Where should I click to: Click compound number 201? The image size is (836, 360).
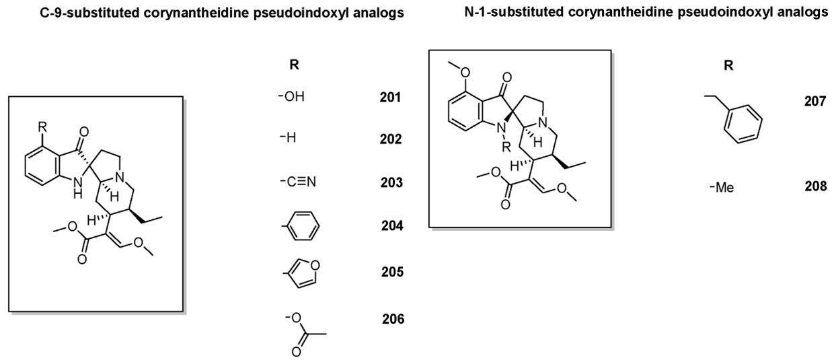pyautogui.click(x=390, y=98)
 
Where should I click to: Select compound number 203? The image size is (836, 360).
pyautogui.click(x=390, y=183)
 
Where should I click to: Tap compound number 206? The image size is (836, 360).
pyautogui.click(x=392, y=319)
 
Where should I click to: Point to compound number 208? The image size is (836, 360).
pyautogui.click(x=816, y=186)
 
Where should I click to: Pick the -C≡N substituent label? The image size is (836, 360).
pyautogui.click(x=292, y=183)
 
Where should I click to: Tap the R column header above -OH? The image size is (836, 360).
pyautogui.click(x=293, y=66)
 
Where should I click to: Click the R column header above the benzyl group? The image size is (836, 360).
pyautogui.click(x=728, y=66)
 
